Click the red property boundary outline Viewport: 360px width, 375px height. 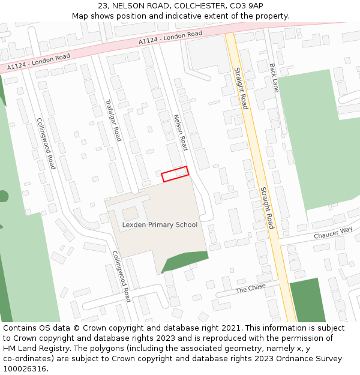pos(175,174)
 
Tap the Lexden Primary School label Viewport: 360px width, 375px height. pos(160,225)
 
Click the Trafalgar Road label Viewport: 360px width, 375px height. pos(113,120)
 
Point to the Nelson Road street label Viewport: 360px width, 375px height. pos(180,132)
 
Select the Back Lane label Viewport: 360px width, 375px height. pos(274,77)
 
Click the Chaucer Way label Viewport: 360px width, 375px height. pos(333,233)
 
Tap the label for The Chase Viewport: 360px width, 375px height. pos(250,289)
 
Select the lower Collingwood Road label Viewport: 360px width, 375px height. pos(122,276)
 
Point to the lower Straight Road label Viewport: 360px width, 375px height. pos(266,208)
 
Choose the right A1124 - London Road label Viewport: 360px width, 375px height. pos(170,38)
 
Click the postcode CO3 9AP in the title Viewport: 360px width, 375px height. pos(248,5)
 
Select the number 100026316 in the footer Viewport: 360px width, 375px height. pos(24,368)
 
